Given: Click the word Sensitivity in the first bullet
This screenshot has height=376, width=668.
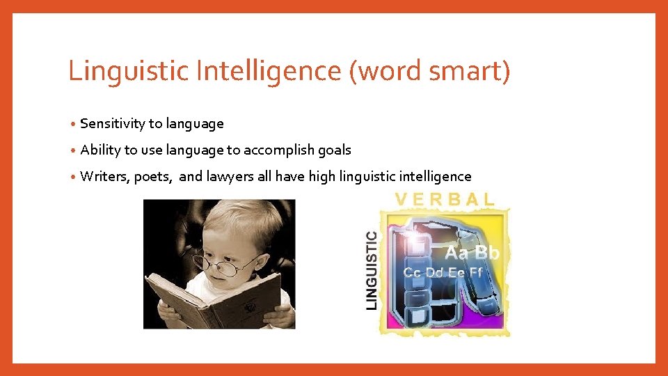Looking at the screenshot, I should (113, 124).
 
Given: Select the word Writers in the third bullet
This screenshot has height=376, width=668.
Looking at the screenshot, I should (104, 177).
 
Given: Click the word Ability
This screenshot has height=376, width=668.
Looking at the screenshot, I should (100, 150).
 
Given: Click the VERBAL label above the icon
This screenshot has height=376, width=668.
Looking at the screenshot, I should (445, 198).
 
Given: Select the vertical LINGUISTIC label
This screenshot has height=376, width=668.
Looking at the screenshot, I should (372, 270).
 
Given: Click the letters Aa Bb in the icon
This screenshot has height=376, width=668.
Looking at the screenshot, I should (472, 253).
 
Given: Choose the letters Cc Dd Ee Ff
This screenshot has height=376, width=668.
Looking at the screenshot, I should (443, 272).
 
